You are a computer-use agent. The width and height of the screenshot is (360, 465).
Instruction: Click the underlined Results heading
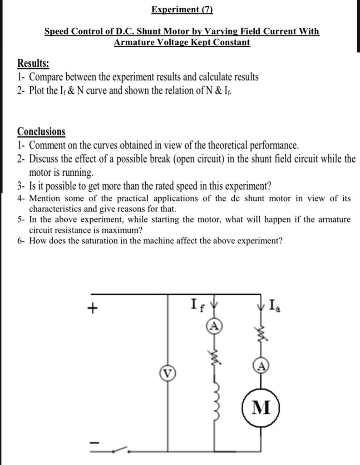33,63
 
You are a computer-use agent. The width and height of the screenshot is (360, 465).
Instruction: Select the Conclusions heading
41,132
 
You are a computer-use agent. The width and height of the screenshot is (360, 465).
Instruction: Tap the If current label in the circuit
199,303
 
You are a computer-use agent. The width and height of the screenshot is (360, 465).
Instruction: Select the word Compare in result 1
47,77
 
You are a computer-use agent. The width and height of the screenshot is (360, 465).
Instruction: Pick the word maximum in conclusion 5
124,230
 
